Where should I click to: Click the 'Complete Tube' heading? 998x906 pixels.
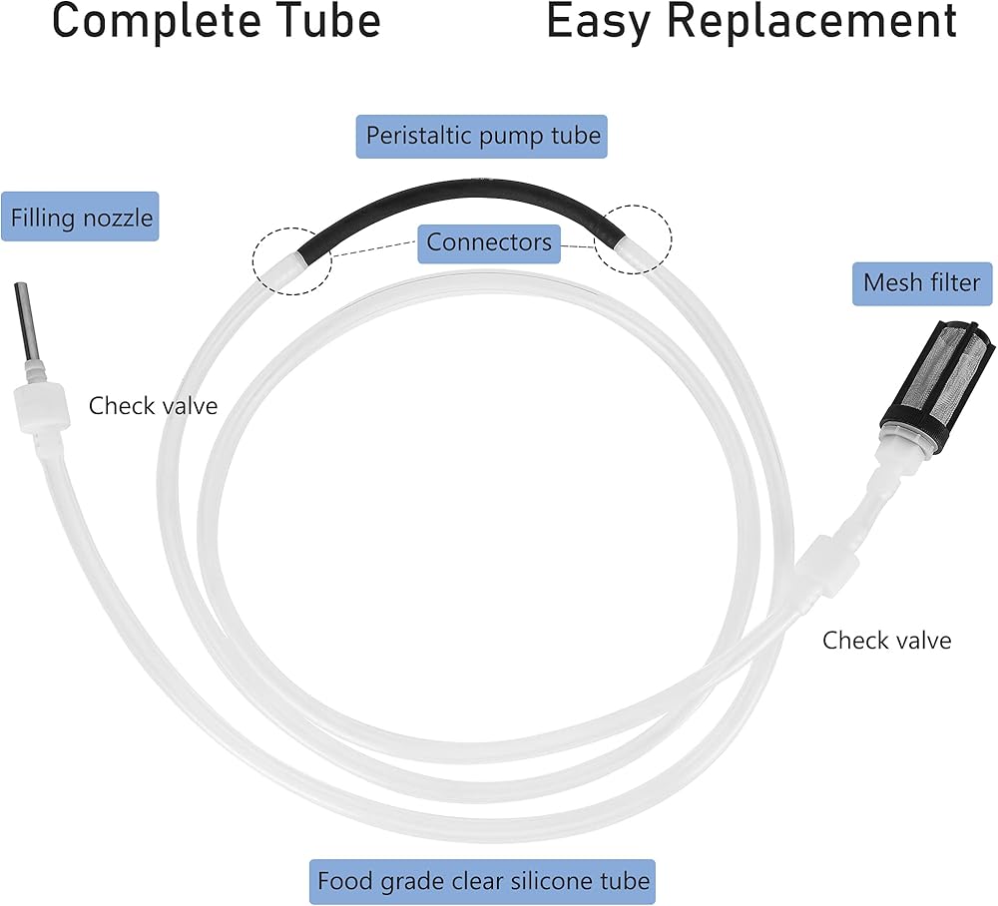pyautogui.click(x=216, y=22)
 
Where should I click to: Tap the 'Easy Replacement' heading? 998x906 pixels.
pyautogui.click(x=752, y=22)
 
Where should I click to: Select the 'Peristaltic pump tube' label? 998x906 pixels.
pyautogui.click(x=483, y=136)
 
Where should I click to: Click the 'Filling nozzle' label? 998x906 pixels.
pyautogui.click(x=81, y=217)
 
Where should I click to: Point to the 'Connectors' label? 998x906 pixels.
pyautogui.click(x=489, y=241)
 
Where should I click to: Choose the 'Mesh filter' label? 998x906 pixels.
pyautogui.click(x=921, y=283)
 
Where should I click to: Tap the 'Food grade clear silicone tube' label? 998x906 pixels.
pyautogui.click(x=483, y=882)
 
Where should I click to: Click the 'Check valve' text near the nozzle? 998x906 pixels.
pyautogui.click(x=153, y=406)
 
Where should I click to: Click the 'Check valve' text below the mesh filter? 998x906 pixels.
pyautogui.click(x=886, y=640)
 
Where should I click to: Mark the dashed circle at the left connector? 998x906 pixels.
pyautogui.click(x=290, y=258)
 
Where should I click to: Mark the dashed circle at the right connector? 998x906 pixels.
pyautogui.click(x=634, y=239)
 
